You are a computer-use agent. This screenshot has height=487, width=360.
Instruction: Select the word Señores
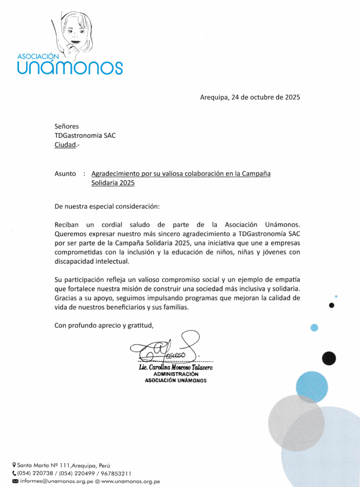(x=67, y=126)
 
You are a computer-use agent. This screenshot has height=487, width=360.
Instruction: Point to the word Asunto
(x=65, y=174)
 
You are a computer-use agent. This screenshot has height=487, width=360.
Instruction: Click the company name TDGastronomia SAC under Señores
(x=85, y=135)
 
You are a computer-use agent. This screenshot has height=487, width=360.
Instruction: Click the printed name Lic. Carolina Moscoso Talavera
(x=175, y=368)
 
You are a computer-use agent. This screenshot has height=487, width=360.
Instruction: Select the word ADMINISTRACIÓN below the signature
(x=175, y=374)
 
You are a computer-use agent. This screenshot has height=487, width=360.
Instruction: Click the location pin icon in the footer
(x=14, y=465)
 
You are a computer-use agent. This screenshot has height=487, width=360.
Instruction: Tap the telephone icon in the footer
(x=14, y=473)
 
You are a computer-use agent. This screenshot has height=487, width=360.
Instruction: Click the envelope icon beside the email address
(x=15, y=481)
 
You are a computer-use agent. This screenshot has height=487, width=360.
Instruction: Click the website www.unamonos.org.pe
(x=130, y=481)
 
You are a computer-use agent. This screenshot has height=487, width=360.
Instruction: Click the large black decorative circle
(x=329, y=358)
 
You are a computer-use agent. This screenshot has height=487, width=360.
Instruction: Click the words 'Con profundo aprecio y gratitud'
(x=105, y=325)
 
